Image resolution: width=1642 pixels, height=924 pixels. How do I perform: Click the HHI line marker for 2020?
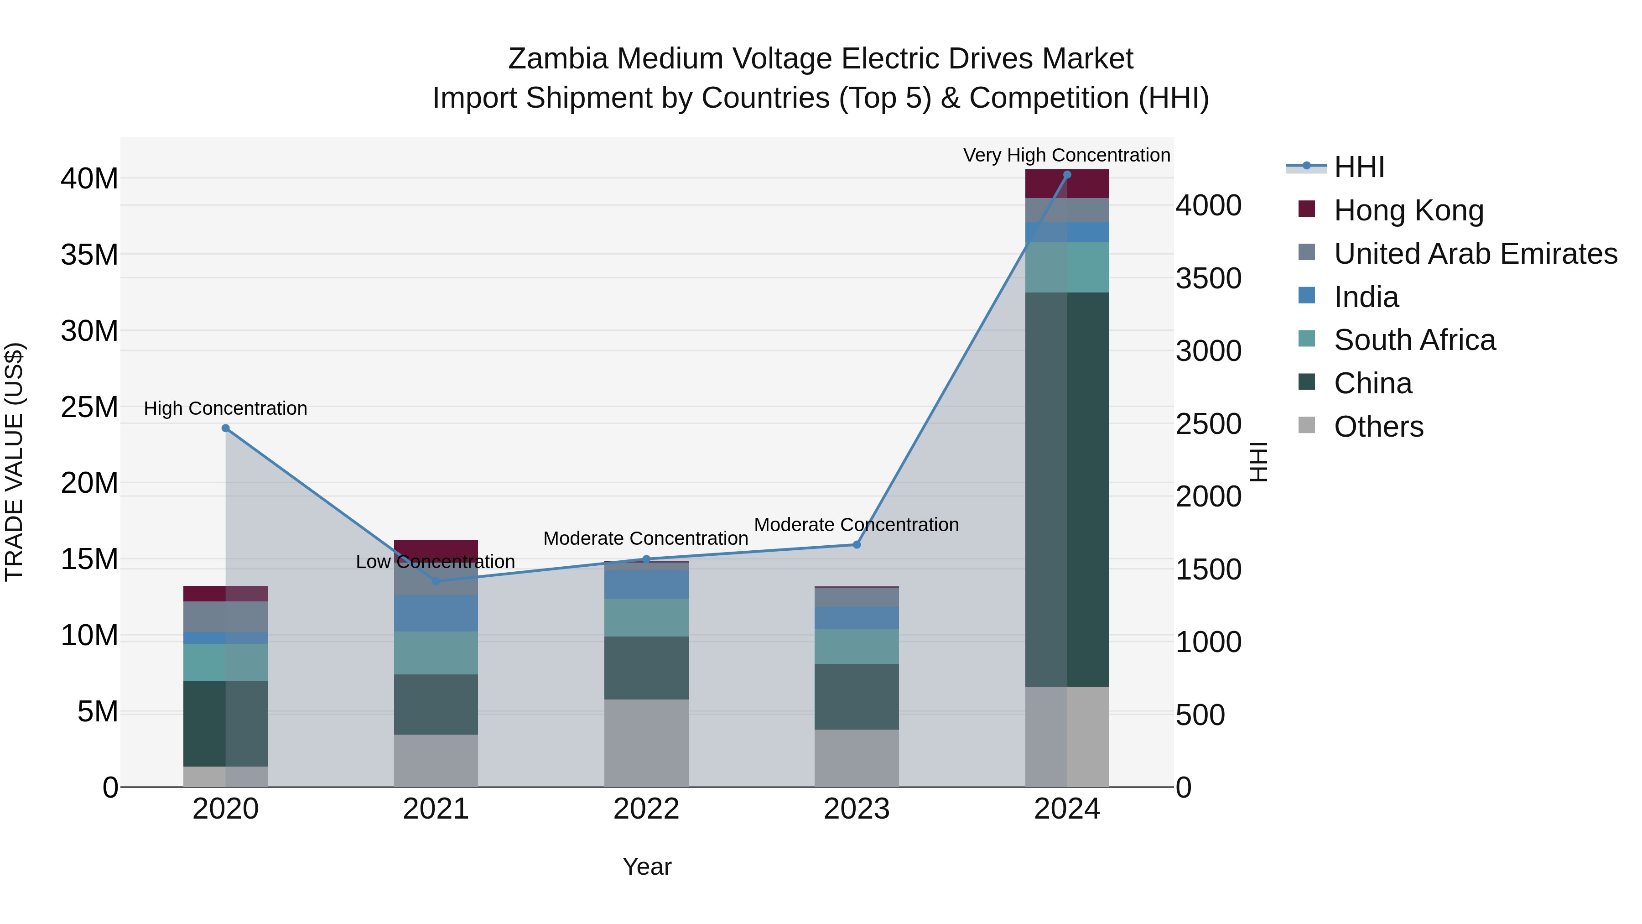(226, 428)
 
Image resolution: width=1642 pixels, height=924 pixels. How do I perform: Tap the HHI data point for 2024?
(1067, 175)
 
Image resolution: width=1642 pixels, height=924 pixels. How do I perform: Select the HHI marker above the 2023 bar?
(857, 544)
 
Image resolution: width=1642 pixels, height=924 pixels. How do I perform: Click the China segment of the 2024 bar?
(1067, 489)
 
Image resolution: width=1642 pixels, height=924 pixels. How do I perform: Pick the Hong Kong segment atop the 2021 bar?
(436, 548)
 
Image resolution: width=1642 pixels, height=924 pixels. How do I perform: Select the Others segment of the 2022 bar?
(646, 743)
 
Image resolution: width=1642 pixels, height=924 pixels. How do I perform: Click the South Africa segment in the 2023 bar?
(857, 646)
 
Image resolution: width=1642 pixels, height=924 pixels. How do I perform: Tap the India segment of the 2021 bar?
(436, 613)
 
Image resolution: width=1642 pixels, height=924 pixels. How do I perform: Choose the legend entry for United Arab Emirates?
(1475, 254)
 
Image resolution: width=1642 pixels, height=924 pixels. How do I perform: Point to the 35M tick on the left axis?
(89, 255)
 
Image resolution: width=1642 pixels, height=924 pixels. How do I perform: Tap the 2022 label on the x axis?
(646, 809)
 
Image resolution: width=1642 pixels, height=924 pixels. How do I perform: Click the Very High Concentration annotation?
(1066, 155)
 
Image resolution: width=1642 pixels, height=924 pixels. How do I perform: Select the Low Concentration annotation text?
(436, 562)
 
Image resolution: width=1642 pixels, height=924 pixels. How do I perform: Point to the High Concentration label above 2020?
(226, 408)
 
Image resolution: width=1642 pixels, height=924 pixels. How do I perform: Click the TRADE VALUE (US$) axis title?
(14, 462)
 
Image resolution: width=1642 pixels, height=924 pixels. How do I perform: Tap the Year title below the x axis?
(646, 867)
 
